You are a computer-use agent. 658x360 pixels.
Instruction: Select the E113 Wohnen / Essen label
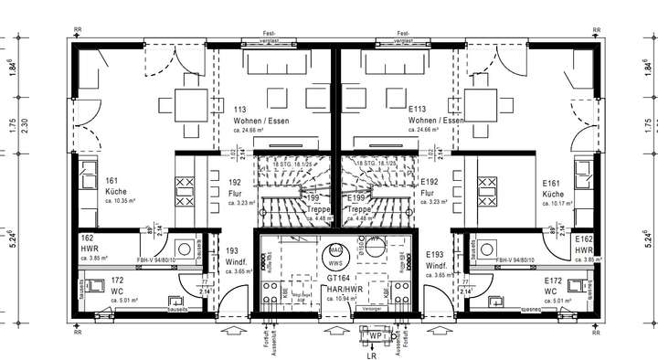(435, 120)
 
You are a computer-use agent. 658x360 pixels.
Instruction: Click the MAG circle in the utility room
(335, 249)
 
